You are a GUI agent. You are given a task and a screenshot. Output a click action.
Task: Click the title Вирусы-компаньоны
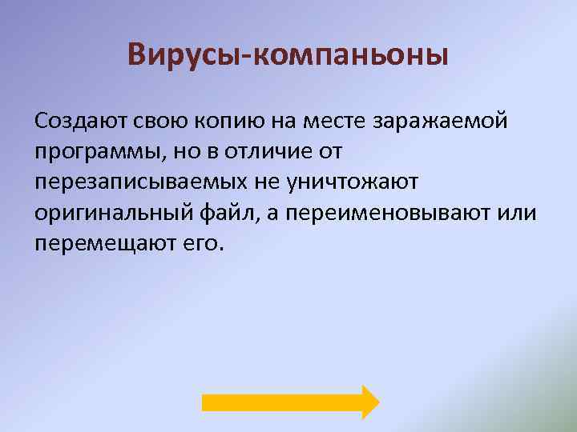288,56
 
